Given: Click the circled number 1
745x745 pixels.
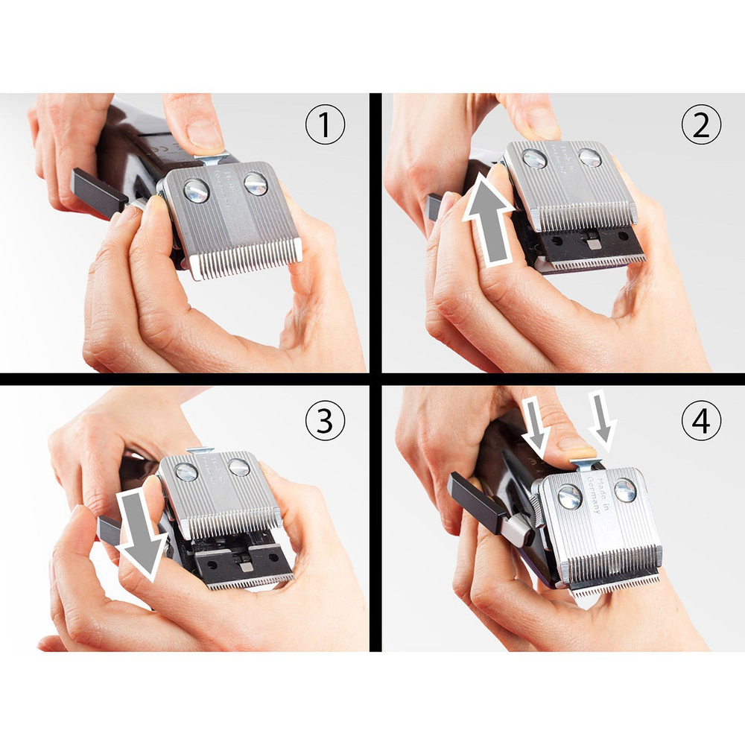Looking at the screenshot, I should (x=326, y=127).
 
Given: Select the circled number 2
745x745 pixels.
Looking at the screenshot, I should (x=701, y=127).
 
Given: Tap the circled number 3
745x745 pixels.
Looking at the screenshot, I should (x=326, y=422).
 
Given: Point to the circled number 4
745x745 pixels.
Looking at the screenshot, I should (x=701, y=422).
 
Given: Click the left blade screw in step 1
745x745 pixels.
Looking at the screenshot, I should (x=197, y=191).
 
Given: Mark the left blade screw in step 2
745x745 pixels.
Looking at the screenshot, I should (x=533, y=159).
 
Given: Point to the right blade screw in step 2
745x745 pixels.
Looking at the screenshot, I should (x=589, y=158).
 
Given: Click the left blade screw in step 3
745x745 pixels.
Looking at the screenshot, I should (x=186, y=472).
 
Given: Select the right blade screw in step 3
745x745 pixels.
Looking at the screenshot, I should (x=239, y=467).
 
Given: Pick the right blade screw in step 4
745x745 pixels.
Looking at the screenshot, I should (x=625, y=489).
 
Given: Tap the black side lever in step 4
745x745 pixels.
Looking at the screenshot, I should (x=477, y=504).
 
